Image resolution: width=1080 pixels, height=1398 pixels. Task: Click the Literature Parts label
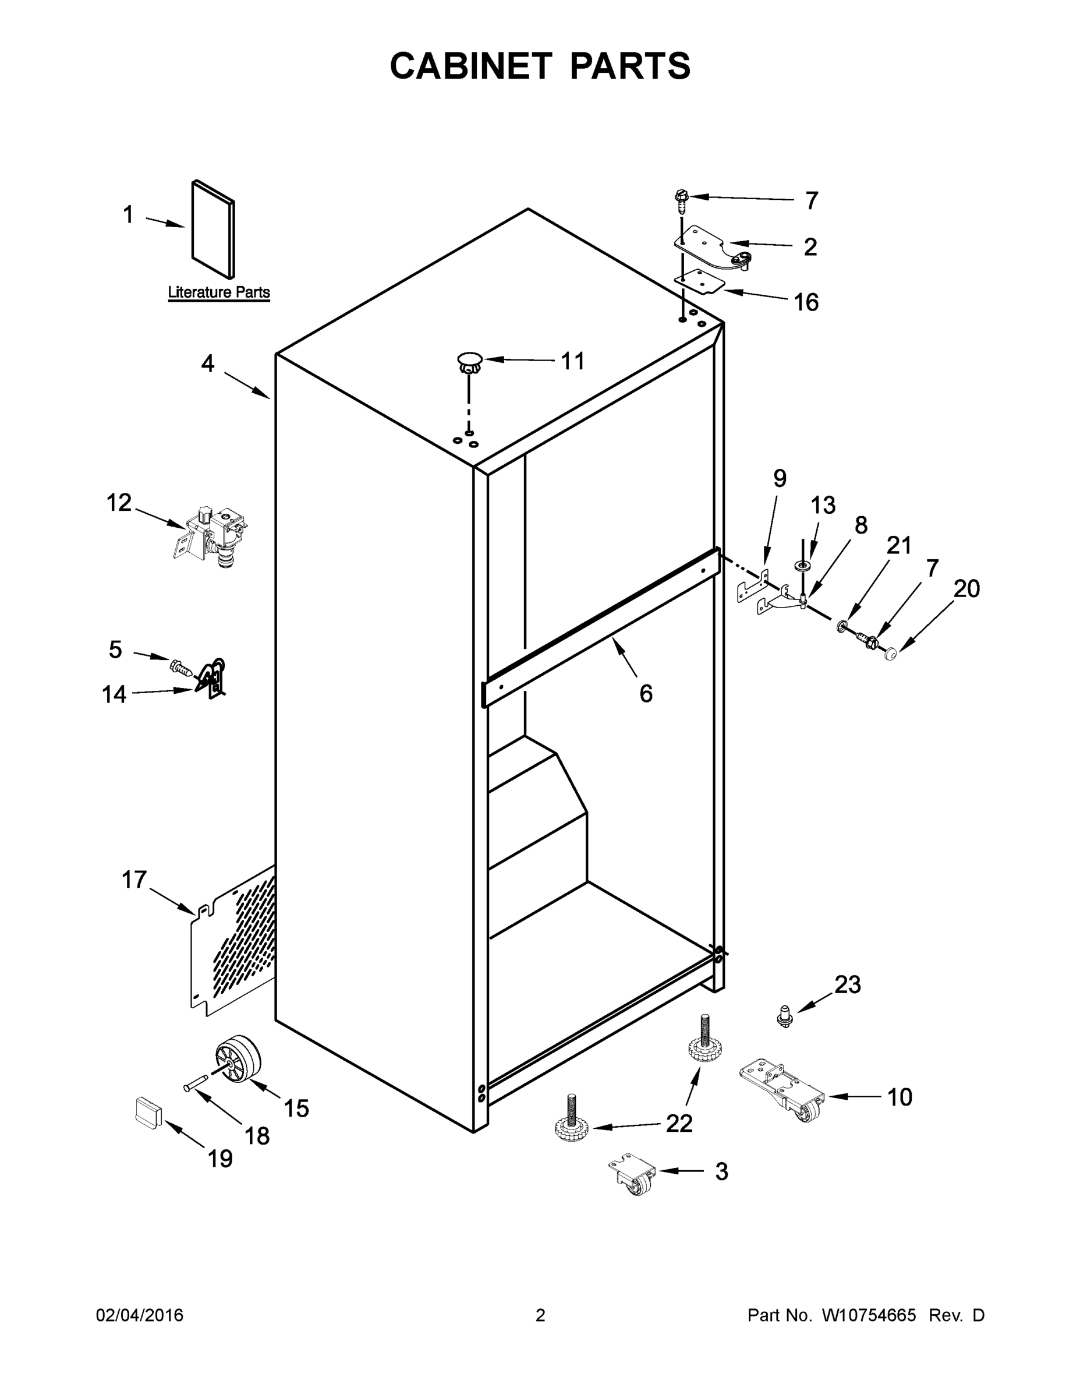[219, 292]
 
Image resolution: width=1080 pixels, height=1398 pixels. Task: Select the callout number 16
[806, 302]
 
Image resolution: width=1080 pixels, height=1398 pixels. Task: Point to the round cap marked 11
[469, 362]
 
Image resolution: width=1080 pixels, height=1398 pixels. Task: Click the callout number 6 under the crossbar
[646, 693]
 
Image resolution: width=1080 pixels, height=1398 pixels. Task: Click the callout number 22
[679, 1124]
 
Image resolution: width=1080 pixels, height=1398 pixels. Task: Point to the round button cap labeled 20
[890, 654]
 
